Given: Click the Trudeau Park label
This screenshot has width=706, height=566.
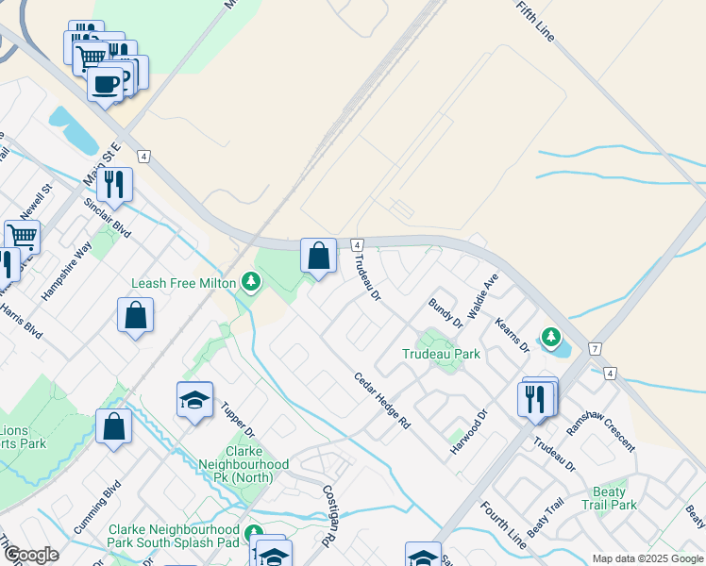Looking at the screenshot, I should tap(441, 355).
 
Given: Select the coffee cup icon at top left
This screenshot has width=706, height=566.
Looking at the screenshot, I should tap(105, 85).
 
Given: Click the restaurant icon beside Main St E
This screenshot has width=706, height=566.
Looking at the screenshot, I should tap(114, 184).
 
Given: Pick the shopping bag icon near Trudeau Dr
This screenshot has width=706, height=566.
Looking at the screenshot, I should tap(319, 255).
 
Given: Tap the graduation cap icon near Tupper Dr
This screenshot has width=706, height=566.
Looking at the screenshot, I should tap(194, 400).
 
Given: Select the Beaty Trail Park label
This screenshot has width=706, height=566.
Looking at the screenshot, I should tap(610, 498).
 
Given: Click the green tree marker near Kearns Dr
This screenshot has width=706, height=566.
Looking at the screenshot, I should tap(550, 337).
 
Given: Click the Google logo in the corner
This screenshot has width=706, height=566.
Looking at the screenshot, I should tap(30, 555).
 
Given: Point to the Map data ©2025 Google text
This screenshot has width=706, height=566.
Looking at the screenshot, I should tap(647, 558).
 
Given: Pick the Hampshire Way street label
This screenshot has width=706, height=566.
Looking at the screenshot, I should tap(66, 274).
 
